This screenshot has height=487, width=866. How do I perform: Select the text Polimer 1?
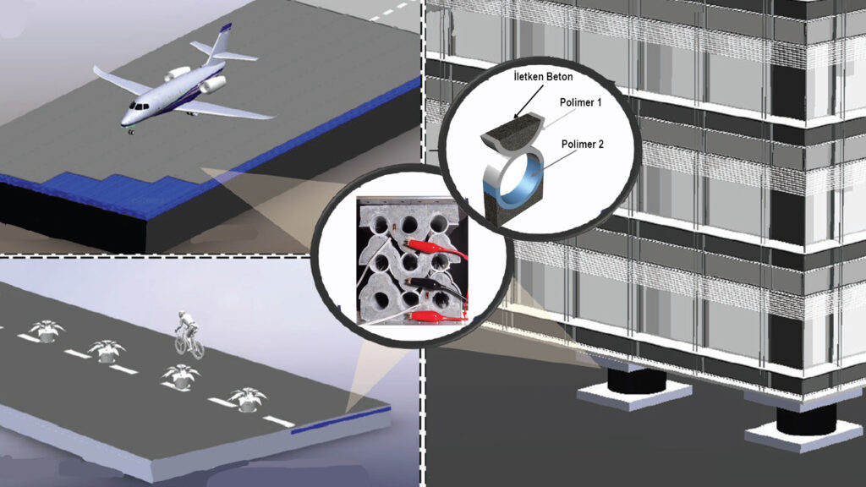tap(580, 102)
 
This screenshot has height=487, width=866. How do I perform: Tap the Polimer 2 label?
tap(582, 144)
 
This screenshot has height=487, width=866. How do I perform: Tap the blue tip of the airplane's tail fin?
tap(226, 28)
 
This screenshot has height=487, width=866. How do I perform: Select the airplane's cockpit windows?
tap(139, 106)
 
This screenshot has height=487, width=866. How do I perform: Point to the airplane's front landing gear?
tap(130, 130)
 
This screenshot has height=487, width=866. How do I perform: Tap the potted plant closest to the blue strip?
tap(247, 399)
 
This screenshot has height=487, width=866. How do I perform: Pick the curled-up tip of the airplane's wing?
tap(97, 71)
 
